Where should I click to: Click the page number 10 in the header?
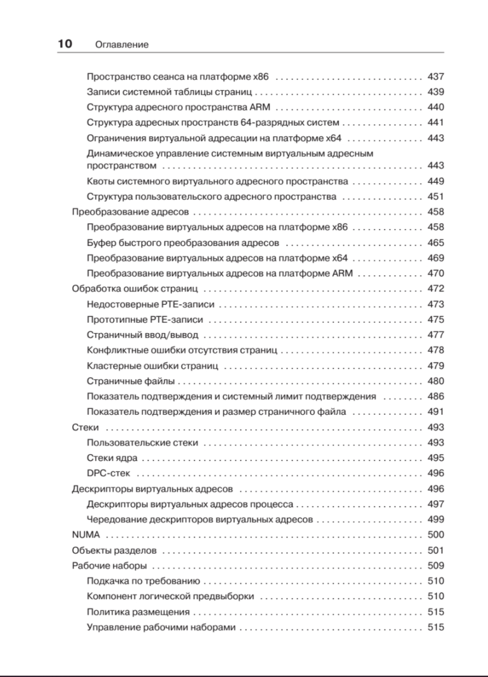click(x=65, y=44)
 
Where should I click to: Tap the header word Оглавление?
click(x=121, y=45)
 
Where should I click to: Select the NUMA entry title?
click(x=86, y=535)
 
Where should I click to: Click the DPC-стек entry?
click(x=108, y=473)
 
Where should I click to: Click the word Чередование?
click(x=117, y=520)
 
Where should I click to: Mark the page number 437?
click(x=435, y=77)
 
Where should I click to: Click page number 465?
click(x=435, y=243)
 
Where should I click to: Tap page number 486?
click(x=435, y=397)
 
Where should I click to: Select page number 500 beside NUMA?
click(x=435, y=535)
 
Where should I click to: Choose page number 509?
click(x=435, y=565)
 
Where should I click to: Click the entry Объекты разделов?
click(x=114, y=551)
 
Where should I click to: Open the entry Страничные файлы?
click(x=131, y=381)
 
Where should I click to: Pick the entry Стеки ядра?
click(x=112, y=458)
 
